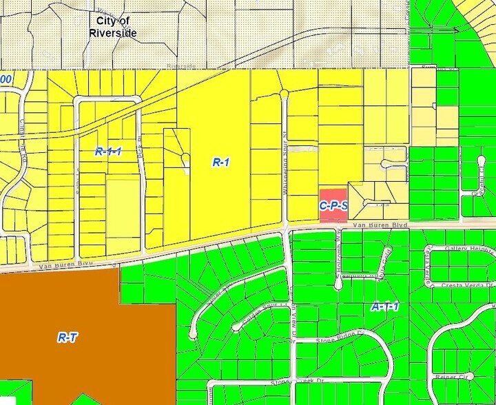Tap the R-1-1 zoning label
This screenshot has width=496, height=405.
pyautogui.click(x=108, y=151)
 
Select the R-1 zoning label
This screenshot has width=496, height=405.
pyautogui.click(x=220, y=163)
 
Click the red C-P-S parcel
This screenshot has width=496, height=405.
pyautogui.click(x=333, y=205)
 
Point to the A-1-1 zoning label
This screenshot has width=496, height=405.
pyautogui.click(x=385, y=307)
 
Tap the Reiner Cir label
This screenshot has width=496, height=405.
pyautogui.click(x=451, y=377)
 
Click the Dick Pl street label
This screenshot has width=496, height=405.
pyautogui.click(x=142, y=148)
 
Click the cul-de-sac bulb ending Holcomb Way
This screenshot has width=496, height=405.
pyautogui.click(x=338, y=284)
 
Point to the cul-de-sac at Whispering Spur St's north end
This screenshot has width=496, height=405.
pyautogui.click(x=284, y=94)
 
